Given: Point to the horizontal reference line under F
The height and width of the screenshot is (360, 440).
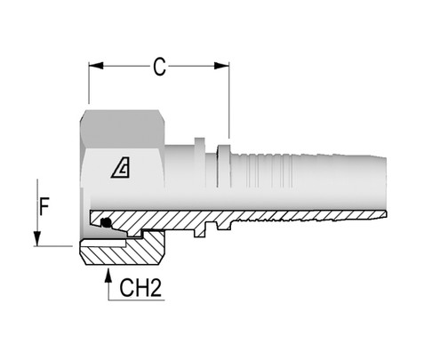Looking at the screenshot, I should pyautogui.click(x=53, y=245).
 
